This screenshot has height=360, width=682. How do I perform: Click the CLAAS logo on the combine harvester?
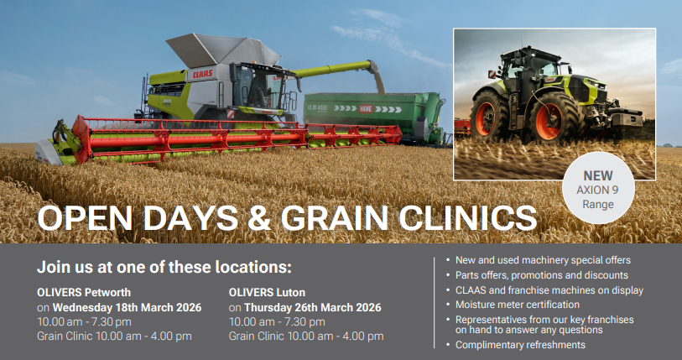(x=203, y=74)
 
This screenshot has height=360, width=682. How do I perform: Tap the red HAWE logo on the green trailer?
(x=366, y=109)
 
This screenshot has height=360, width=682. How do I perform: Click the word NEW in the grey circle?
(x=598, y=176)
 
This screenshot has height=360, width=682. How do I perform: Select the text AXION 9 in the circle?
(x=597, y=190)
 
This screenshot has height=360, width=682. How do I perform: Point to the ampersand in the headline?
(x=259, y=217)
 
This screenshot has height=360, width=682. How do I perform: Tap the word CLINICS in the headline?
(x=468, y=217)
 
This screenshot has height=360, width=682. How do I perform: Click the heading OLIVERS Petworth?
(x=84, y=292)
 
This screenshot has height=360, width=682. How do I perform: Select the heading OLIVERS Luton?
(x=267, y=292)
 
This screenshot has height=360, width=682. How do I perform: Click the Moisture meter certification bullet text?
(x=518, y=305)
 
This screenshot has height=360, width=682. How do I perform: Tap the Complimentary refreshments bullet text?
(x=520, y=345)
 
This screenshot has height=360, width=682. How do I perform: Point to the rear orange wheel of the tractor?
(x=487, y=117)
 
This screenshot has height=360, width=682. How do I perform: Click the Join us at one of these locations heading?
(x=164, y=267)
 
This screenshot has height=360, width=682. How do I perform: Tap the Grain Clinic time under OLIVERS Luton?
(x=306, y=336)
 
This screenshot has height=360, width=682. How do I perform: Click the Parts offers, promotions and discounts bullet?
(x=542, y=275)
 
